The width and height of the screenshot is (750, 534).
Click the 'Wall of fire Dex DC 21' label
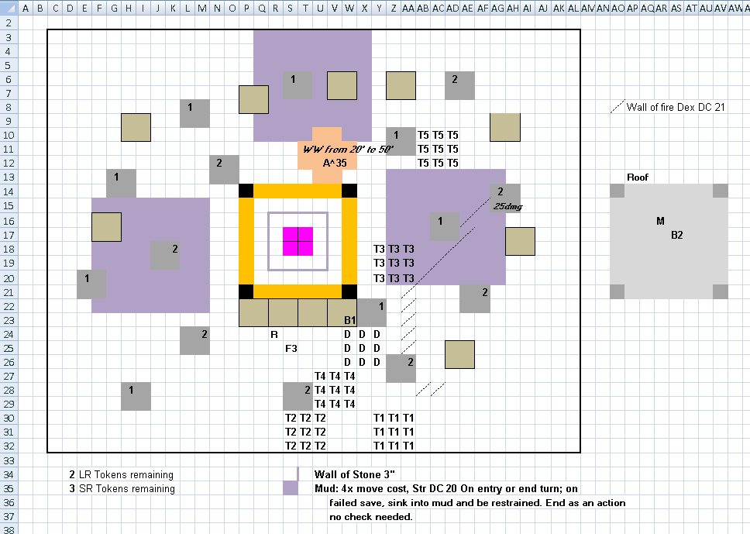coord(676,107)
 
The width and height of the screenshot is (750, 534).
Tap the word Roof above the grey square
coord(638,177)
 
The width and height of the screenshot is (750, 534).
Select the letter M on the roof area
coord(660,221)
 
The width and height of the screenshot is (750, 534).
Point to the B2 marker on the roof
coord(677,235)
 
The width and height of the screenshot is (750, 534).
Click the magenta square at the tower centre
coord(298,241)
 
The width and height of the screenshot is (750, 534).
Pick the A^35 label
coord(335,164)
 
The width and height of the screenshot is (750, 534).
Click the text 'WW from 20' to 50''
coord(348,150)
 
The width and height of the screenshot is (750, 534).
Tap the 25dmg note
coord(507,206)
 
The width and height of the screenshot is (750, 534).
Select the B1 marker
coord(349,320)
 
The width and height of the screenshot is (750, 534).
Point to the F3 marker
coord(291,348)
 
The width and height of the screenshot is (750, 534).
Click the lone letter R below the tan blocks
coord(274,335)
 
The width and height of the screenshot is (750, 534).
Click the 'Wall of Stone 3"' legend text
coord(354,474)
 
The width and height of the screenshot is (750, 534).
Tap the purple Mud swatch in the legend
coord(291,488)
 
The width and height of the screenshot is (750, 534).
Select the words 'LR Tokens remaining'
coord(126,474)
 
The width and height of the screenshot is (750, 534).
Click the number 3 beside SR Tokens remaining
coord(72,488)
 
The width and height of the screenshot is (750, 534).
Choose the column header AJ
coord(542,8)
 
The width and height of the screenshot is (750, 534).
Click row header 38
coord(8,529)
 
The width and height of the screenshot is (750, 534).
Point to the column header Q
coord(262,8)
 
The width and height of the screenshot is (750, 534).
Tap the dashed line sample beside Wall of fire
coord(618,106)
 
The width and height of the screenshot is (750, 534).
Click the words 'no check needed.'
coord(370,517)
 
